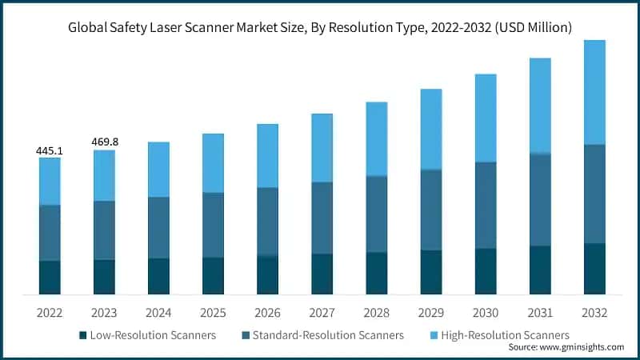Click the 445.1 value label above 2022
pos(50,150)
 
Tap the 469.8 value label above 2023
pos(104,142)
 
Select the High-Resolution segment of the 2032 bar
pos(594,92)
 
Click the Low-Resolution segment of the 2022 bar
pos(50,277)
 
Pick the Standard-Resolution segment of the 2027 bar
pos(322,218)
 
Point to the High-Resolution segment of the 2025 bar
pos(213,162)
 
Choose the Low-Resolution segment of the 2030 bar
pos(486,270)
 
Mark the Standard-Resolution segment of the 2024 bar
pos(158,227)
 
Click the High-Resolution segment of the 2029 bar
pos(431,129)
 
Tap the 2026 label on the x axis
pos(267,312)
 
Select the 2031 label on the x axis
pos(540,312)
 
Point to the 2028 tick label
pos(377,312)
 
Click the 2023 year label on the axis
pos(104,312)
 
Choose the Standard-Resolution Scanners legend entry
pos(328,334)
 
